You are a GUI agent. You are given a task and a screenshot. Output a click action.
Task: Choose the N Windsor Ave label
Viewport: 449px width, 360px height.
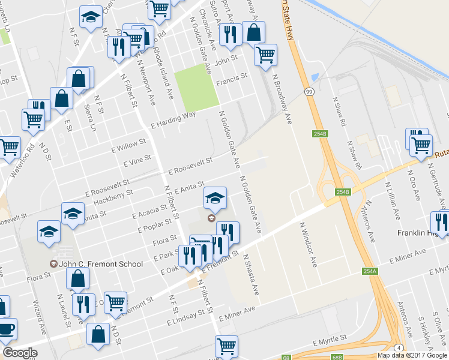(x=308, y=244)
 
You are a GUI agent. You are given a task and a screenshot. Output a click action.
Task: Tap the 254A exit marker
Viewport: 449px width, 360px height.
(x=370, y=272)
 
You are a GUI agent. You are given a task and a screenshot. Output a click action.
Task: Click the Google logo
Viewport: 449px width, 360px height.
(x=20, y=353)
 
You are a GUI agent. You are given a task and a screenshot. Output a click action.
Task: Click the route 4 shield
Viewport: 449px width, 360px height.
(x=398, y=348)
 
